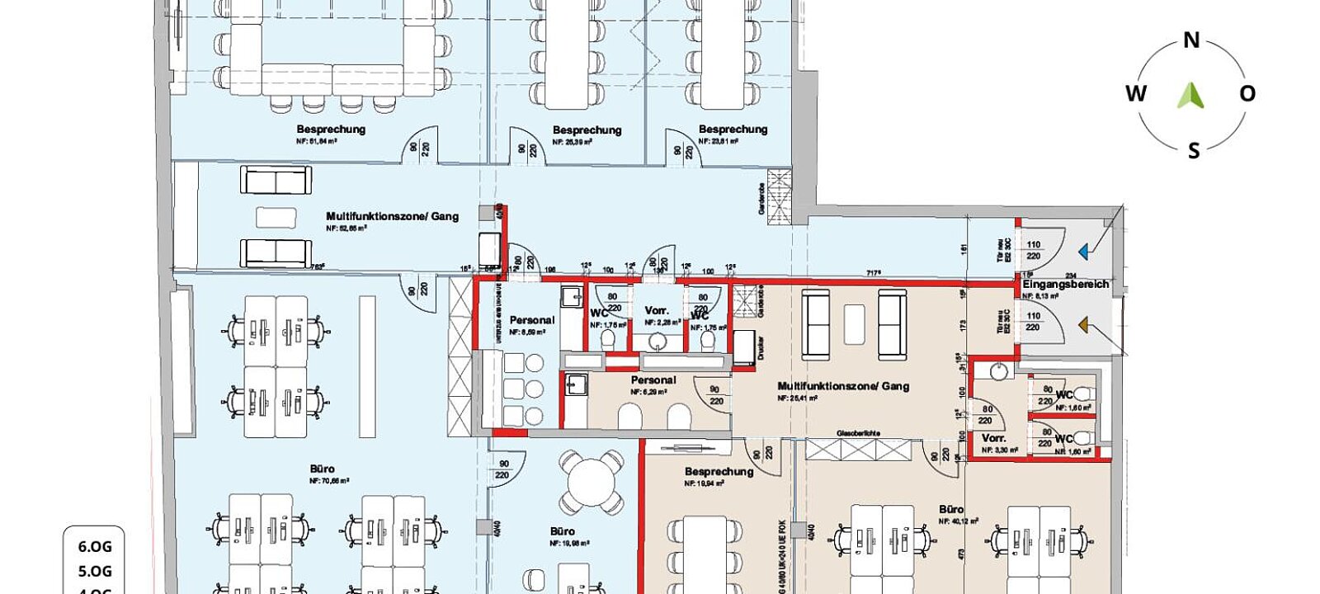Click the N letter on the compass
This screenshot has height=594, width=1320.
click(x=1191, y=40)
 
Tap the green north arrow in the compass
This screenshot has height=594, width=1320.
click(x=1190, y=96)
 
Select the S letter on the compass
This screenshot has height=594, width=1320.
click(x=1193, y=150)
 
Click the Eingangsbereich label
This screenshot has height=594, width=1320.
click(x=1065, y=284)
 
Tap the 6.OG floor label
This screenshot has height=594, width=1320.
click(x=95, y=546)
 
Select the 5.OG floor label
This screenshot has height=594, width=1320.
click(x=95, y=571)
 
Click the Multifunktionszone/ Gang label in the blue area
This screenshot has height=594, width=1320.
click(x=392, y=216)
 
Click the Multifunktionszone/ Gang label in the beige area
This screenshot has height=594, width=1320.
click(x=843, y=385)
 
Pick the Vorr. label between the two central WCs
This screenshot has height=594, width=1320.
click(x=657, y=311)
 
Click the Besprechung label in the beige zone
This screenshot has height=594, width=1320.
click(x=719, y=472)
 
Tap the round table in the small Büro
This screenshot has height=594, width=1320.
click(x=591, y=482)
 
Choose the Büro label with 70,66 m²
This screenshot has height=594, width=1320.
click(x=323, y=469)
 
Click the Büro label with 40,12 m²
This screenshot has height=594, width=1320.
click(x=951, y=510)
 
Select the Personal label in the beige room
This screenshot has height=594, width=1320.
click(x=653, y=380)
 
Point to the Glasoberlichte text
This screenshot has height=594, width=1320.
click(x=858, y=432)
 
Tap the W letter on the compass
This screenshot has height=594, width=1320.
click(x=1136, y=93)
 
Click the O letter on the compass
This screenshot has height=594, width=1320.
click(x=1247, y=93)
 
